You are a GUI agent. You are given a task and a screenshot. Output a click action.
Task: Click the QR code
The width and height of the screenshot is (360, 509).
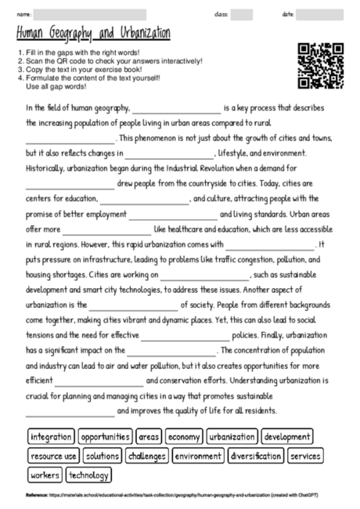tap(321, 65)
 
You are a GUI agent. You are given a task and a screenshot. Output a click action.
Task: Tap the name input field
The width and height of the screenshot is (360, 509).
tap(90, 14)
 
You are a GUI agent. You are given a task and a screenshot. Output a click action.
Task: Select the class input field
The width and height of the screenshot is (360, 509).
tap(242, 14)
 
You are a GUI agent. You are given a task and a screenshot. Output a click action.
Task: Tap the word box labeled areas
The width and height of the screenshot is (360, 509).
tap(149, 436)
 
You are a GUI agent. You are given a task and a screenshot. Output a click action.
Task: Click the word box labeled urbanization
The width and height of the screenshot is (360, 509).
tap(232, 436)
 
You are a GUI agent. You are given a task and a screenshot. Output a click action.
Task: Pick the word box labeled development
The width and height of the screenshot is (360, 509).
tap(287, 436)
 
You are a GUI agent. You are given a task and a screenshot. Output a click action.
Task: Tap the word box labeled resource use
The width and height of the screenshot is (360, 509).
tap(53, 455)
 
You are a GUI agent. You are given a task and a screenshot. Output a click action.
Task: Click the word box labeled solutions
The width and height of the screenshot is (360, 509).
tap(103, 455)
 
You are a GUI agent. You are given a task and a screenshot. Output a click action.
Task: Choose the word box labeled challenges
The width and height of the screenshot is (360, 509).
tap(147, 455)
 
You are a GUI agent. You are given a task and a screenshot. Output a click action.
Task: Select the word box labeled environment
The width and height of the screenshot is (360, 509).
tap(197, 455)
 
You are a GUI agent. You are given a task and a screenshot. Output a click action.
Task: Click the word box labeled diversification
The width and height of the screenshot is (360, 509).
tap(257, 455)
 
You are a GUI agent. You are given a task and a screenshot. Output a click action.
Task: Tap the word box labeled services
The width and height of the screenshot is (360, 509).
tap(305, 455)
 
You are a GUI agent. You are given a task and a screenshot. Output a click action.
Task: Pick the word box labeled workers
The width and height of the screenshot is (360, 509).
tap(45, 475)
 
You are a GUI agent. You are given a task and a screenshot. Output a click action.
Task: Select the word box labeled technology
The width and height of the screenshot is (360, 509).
tap(89, 475)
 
